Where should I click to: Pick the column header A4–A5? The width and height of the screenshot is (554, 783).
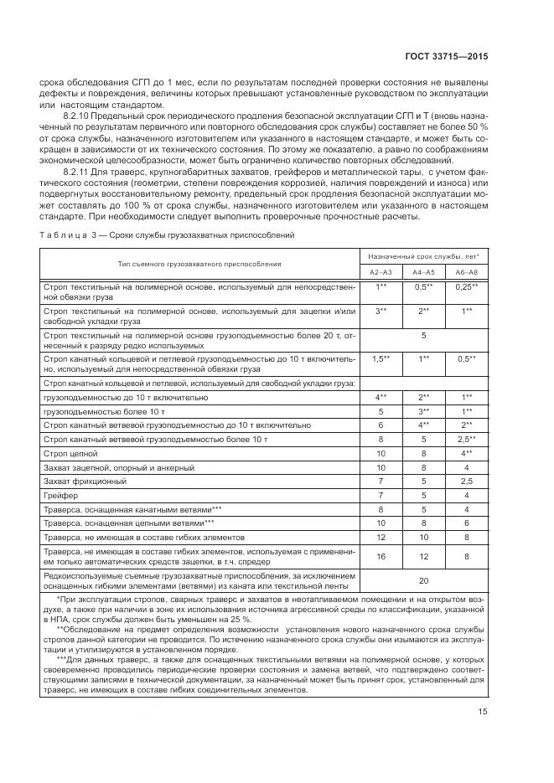pyautogui.click(x=423, y=271)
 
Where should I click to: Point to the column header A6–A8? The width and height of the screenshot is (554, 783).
pyautogui.click(x=466, y=271)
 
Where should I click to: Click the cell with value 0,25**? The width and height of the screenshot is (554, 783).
pyautogui.click(x=466, y=286)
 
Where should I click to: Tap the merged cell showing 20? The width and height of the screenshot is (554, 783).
pyautogui.click(x=423, y=580)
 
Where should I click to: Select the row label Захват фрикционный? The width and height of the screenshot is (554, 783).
pyautogui.click(x=85, y=481)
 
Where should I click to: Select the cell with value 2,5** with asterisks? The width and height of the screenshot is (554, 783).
pyautogui.click(x=466, y=438)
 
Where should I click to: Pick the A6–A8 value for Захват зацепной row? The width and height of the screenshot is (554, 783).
pyautogui.click(x=466, y=466)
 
